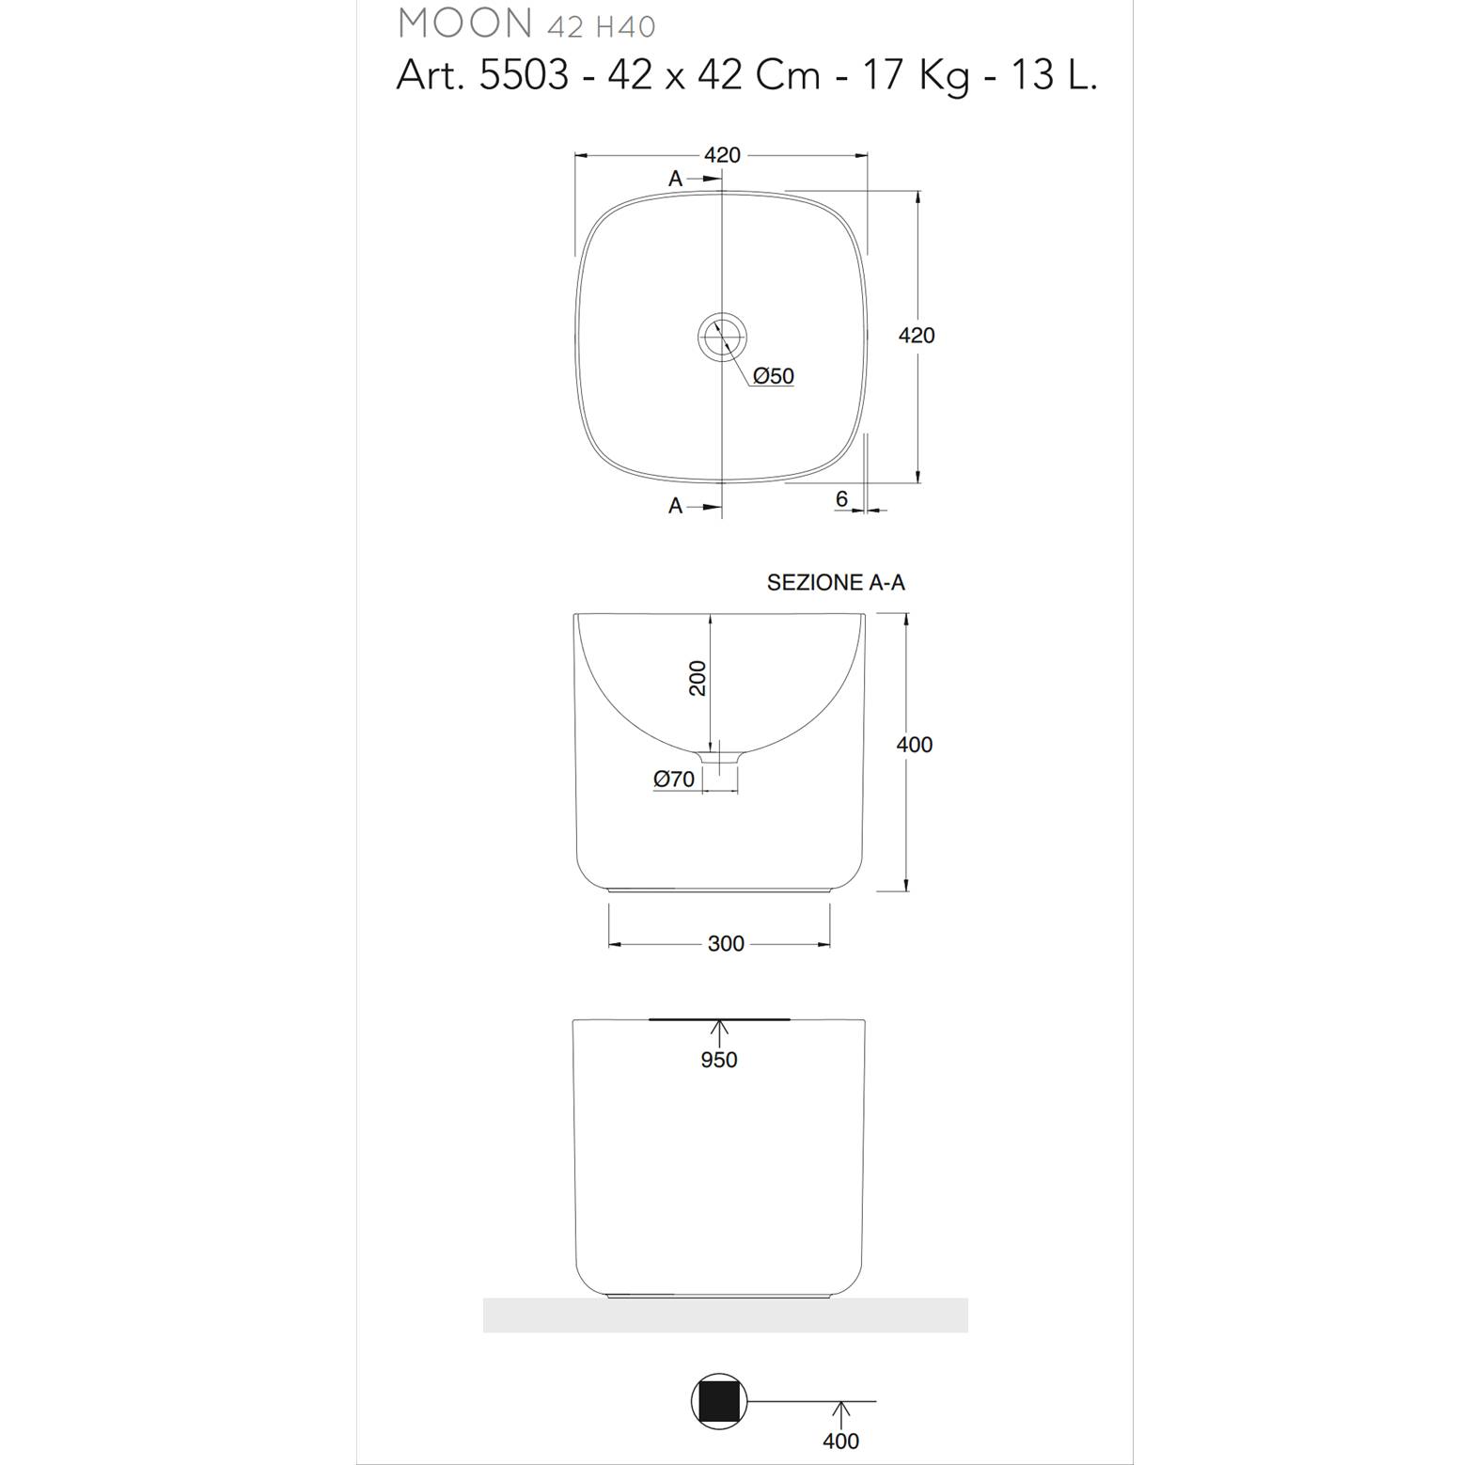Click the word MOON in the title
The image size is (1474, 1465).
465,23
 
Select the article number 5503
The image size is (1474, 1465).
524,75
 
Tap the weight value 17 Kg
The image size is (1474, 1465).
916,76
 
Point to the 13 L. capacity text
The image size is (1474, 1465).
1054,75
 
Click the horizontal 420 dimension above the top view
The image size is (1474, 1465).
722,155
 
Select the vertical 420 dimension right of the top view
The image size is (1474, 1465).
917,335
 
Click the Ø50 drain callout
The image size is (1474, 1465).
774,376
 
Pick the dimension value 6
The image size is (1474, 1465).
841,499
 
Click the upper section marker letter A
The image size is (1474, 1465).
675,179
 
